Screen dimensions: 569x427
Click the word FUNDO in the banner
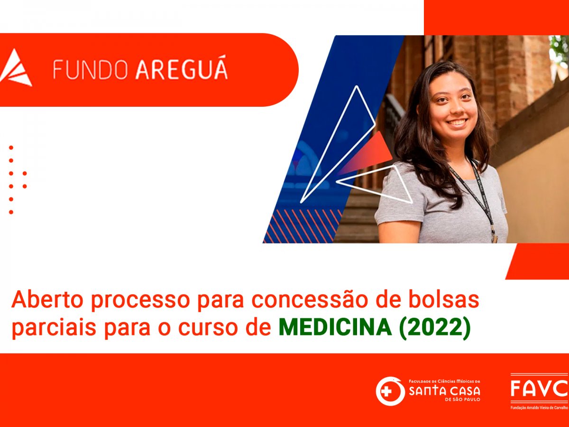91,69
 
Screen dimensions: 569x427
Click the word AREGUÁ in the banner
182,67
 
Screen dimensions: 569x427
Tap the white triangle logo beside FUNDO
16,67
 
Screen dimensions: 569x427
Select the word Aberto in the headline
47,300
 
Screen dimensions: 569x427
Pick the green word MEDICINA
335,327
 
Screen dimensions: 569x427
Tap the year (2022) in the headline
435,328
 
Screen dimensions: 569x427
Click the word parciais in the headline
54,328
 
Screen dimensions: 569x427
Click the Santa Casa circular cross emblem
390,391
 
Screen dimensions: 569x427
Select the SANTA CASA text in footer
445,391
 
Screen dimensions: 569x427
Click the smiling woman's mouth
457,122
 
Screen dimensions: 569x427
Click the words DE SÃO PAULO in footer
463,400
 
